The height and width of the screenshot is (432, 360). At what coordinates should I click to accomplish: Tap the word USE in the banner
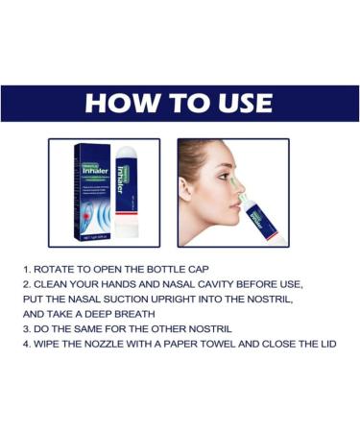tap(238, 103)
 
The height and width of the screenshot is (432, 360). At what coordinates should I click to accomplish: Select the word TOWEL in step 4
tap(225, 343)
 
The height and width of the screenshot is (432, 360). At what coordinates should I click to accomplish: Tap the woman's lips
tap(230, 213)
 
